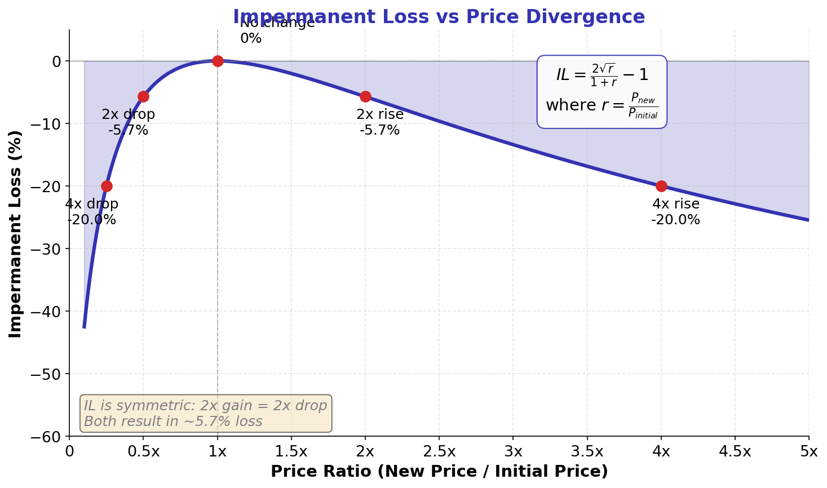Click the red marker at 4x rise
point(661,186)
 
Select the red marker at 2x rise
point(365,96)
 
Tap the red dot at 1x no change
point(218,61)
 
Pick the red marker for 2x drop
point(143,96)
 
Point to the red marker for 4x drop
point(107,186)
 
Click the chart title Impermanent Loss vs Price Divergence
point(439,17)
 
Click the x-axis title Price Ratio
point(439,471)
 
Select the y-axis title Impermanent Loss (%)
point(15,233)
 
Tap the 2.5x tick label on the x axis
point(439,451)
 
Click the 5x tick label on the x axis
point(809,451)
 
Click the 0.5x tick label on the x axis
point(143,451)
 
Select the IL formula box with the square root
point(602,91)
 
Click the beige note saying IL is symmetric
point(206,414)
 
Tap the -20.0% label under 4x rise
point(675,220)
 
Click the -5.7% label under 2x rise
point(379,130)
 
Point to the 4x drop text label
point(92,204)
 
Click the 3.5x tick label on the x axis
point(587,451)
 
